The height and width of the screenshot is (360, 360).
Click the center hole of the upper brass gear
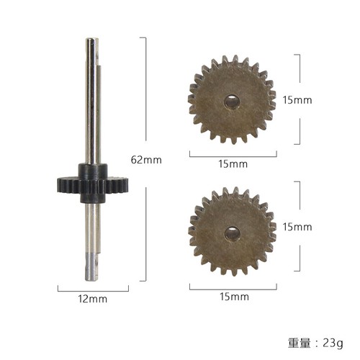[x=232, y=101]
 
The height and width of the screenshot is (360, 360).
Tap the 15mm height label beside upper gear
[x=297, y=100]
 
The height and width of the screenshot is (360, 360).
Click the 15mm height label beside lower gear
[x=297, y=227]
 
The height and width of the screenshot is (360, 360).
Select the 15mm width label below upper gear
[x=233, y=164]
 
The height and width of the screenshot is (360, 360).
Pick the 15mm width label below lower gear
[x=233, y=297]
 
